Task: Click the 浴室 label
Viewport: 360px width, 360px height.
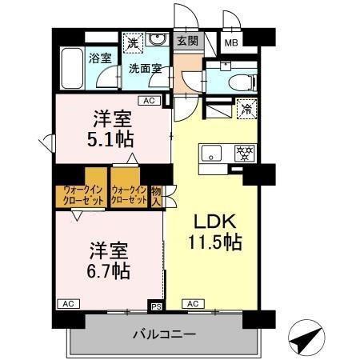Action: click(99, 58)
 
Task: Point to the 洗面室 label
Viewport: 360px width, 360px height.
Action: click(145, 68)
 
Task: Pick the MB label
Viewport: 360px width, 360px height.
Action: click(230, 42)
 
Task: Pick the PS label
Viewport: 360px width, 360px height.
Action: click(157, 304)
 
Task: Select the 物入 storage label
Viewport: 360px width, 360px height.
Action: click(157, 195)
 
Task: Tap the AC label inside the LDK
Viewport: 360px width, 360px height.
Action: click(193, 304)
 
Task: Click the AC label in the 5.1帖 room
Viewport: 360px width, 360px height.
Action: click(147, 101)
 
